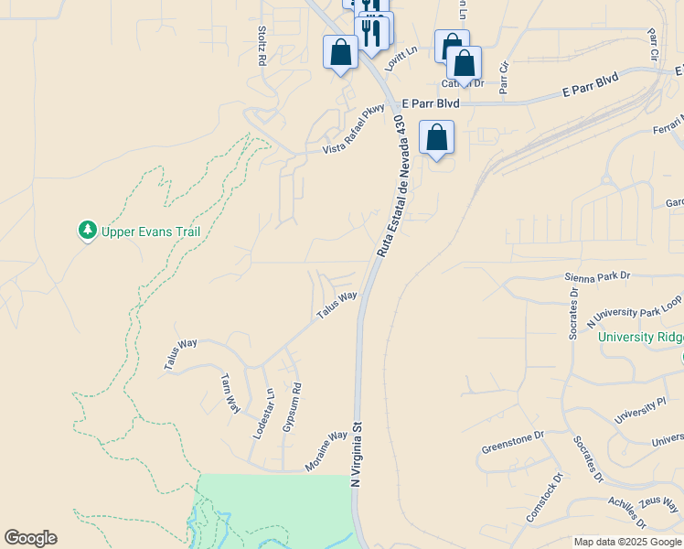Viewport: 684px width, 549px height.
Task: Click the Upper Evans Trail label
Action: [x=150, y=231]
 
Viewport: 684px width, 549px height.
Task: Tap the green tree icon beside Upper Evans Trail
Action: [x=88, y=231]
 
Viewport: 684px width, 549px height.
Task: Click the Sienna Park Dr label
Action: [x=599, y=275]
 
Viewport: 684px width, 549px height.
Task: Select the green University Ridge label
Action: [x=640, y=338]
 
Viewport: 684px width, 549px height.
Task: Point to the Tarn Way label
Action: [x=230, y=393]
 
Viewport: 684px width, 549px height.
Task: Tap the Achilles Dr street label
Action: [x=627, y=512]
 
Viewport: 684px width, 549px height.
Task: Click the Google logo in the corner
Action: [x=30, y=538]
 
